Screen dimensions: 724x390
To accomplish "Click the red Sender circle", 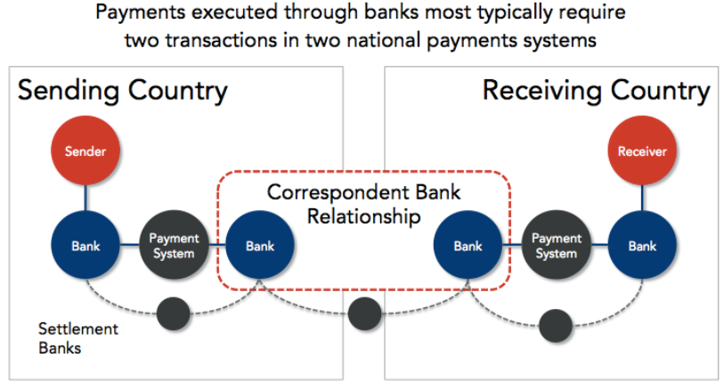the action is pyautogui.click(x=85, y=150).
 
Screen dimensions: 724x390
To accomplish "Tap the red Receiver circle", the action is pyautogui.click(x=642, y=150).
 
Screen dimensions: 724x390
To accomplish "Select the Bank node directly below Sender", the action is pyautogui.click(x=85, y=245).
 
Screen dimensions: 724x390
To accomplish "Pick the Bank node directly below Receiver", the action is pyautogui.click(x=642, y=245).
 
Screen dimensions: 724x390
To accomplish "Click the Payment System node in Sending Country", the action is pyautogui.click(x=174, y=245).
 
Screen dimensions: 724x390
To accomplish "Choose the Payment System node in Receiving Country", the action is pyautogui.click(x=556, y=245).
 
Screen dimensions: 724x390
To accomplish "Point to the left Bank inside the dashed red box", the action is pyautogui.click(x=260, y=245).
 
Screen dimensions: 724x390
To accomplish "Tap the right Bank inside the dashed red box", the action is pyautogui.click(x=468, y=245).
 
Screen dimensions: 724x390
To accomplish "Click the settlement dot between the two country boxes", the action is pyautogui.click(x=365, y=313).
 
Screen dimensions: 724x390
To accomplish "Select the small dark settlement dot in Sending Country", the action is pyautogui.click(x=174, y=313).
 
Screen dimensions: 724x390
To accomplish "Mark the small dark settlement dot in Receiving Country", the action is pyautogui.click(x=556, y=325).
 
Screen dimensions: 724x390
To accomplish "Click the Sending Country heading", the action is pyautogui.click(x=123, y=91).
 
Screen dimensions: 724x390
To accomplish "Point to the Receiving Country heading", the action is pyautogui.click(x=596, y=91).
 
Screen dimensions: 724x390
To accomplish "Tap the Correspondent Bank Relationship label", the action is pyautogui.click(x=364, y=205).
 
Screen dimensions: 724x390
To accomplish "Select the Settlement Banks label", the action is pyautogui.click(x=78, y=338).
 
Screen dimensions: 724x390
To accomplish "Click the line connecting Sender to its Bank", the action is pyautogui.click(x=85, y=198).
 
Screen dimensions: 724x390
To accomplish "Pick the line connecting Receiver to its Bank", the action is pyautogui.click(x=642, y=198).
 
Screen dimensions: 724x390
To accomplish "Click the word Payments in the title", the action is pyautogui.click(x=141, y=12).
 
